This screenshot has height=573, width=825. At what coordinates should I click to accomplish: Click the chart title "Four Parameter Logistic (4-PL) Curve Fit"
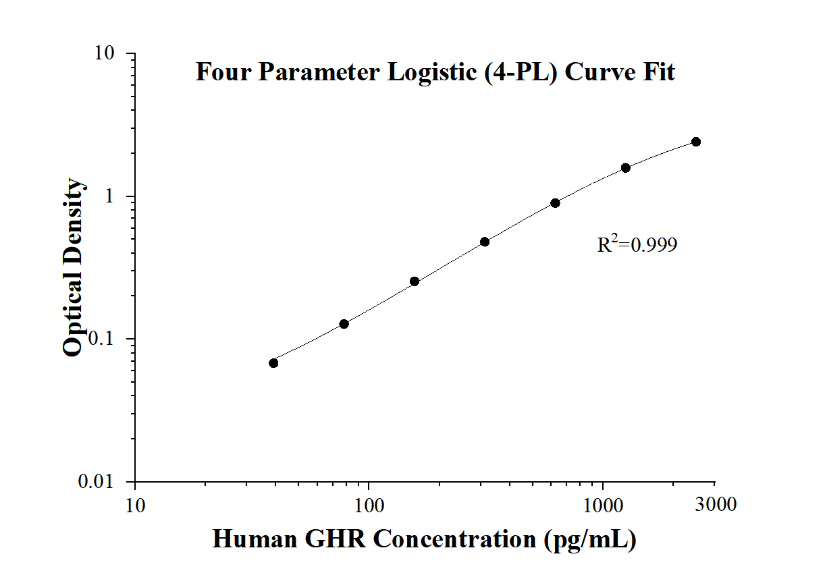pyautogui.click(x=435, y=72)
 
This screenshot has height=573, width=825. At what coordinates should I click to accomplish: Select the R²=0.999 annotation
pyautogui.click(x=637, y=244)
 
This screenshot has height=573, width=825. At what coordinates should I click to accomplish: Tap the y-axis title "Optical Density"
pyautogui.click(x=74, y=267)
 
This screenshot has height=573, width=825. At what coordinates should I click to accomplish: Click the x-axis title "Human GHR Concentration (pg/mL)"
pyautogui.click(x=424, y=539)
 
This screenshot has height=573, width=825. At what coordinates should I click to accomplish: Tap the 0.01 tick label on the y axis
pyautogui.click(x=105, y=482)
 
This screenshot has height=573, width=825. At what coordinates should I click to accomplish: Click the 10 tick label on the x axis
pyautogui.click(x=135, y=505)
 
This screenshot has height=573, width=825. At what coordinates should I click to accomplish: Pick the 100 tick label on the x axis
pyautogui.click(x=369, y=505)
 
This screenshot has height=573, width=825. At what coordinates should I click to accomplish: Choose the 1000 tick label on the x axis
pyautogui.click(x=603, y=505)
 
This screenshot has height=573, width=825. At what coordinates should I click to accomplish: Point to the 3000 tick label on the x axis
pyautogui.click(x=714, y=505)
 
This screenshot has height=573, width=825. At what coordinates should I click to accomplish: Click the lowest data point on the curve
pyautogui.click(x=273, y=363)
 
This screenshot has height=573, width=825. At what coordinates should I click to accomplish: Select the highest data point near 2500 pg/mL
pyautogui.click(x=696, y=142)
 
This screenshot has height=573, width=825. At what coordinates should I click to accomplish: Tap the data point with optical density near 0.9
pyautogui.click(x=555, y=203)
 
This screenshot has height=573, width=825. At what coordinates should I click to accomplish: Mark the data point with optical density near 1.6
pyautogui.click(x=626, y=167)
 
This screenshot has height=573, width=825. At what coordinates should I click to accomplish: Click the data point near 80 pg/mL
pyautogui.click(x=344, y=324)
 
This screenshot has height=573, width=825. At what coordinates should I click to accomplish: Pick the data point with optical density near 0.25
pyautogui.click(x=415, y=281)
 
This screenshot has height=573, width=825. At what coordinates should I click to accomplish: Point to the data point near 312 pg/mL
pyautogui.click(x=485, y=242)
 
